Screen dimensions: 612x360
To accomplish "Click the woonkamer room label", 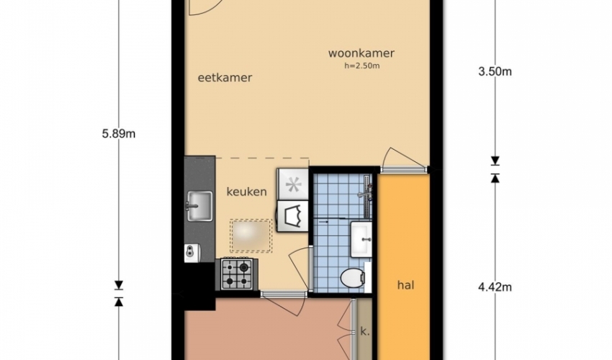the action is pos(361,53).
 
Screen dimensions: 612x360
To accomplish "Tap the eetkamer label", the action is pos(225,78).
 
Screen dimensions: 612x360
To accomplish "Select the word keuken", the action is pos(247,192).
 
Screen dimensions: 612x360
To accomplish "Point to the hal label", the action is pos(405,285).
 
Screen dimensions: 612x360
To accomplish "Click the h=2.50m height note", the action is pos(362,66).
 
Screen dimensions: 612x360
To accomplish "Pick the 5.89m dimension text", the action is pos(119,134).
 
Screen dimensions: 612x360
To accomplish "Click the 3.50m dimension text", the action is pos(495,72).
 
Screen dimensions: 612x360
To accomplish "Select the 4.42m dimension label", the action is pos(495,287).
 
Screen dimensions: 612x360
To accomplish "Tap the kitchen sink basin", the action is pos(199,206).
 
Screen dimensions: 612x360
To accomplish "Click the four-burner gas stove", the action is pos(237,274).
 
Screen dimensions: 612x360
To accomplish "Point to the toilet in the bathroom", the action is pos(353,279).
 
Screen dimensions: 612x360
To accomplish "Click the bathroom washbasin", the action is pos(361,239).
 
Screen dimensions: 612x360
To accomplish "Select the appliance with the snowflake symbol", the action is pos(293,184).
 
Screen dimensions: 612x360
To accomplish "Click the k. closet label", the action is pos(365,332).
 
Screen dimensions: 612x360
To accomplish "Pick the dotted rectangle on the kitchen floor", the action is pos(251,235).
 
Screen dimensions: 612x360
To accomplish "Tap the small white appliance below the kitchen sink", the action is pos(192,253).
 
